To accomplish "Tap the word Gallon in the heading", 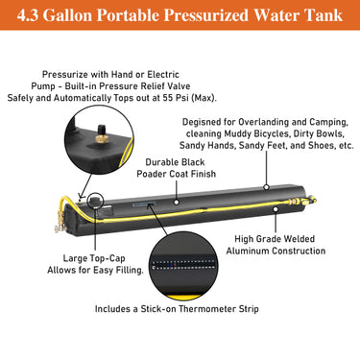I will pyautogui.click(x=97, y=16).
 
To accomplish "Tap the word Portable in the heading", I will pyautogui.click(x=156, y=16).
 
